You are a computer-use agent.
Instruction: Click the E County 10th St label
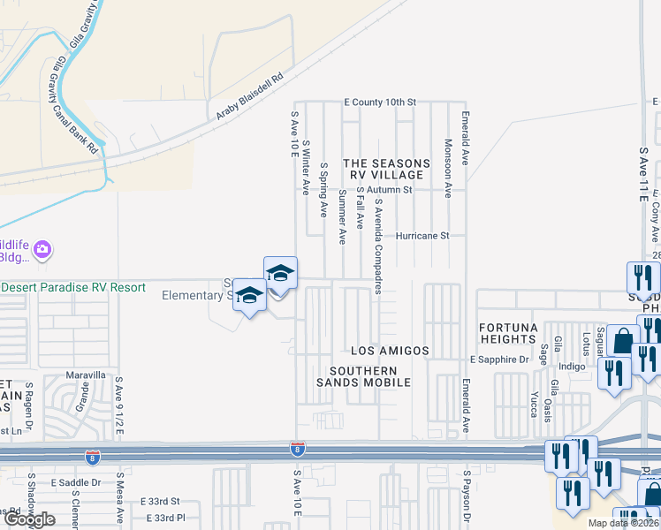379,102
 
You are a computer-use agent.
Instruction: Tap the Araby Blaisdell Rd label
253,96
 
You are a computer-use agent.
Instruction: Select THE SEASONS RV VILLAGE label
386,170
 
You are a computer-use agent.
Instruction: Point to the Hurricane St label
422,236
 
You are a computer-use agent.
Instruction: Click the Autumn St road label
390,189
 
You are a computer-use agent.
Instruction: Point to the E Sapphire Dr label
498,360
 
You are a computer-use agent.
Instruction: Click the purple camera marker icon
41,252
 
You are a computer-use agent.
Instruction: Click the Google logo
30,519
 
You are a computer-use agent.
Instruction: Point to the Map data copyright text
621,523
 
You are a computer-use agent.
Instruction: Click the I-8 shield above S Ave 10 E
298,450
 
